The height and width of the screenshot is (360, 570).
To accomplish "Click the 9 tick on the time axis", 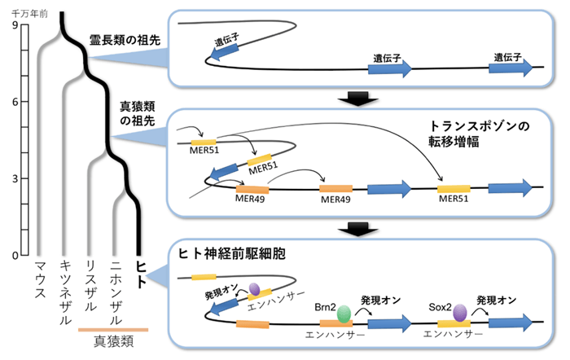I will coord(15,26).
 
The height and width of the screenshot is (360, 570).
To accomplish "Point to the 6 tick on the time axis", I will coord(15,102).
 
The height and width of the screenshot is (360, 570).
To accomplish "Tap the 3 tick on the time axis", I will coord(15,178).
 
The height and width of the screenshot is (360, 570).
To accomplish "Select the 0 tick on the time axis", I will coord(15,255).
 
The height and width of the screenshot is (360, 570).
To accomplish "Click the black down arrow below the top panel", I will coord(357,98).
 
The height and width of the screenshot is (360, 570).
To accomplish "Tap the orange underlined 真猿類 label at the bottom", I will coord(113,340).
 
